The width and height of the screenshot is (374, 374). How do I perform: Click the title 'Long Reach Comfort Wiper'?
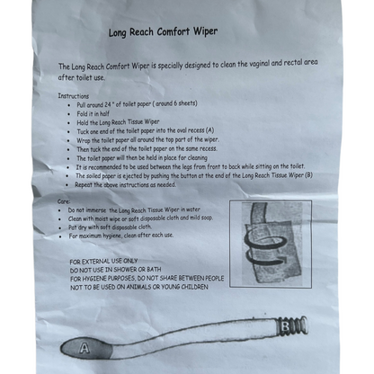point(163,31)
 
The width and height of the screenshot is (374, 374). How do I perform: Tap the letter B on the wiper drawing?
point(282,326)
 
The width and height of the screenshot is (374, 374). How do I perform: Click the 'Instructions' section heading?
point(74,94)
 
